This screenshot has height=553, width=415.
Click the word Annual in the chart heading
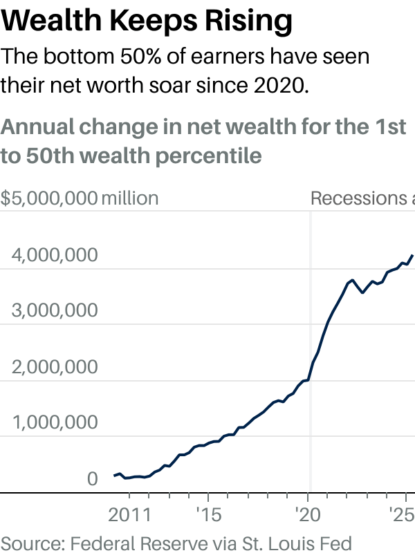click(x=41, y=128)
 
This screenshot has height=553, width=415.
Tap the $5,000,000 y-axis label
click(x=48, y=198)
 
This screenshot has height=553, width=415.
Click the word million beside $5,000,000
click(x=130, y=198)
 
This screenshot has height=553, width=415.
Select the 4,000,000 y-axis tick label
click(x=53, y=256)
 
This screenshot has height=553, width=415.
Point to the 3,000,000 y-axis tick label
click(x=53, y=311)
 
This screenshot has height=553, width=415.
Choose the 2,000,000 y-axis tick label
click(x=53, y=367)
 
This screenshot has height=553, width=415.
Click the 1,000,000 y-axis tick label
click(x=53, y=423)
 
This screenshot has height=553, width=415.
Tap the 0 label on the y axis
click(x=92, y=479)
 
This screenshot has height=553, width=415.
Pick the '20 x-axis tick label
click(x=307, y=515)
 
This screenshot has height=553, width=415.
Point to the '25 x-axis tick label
click(x=400, y=515)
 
